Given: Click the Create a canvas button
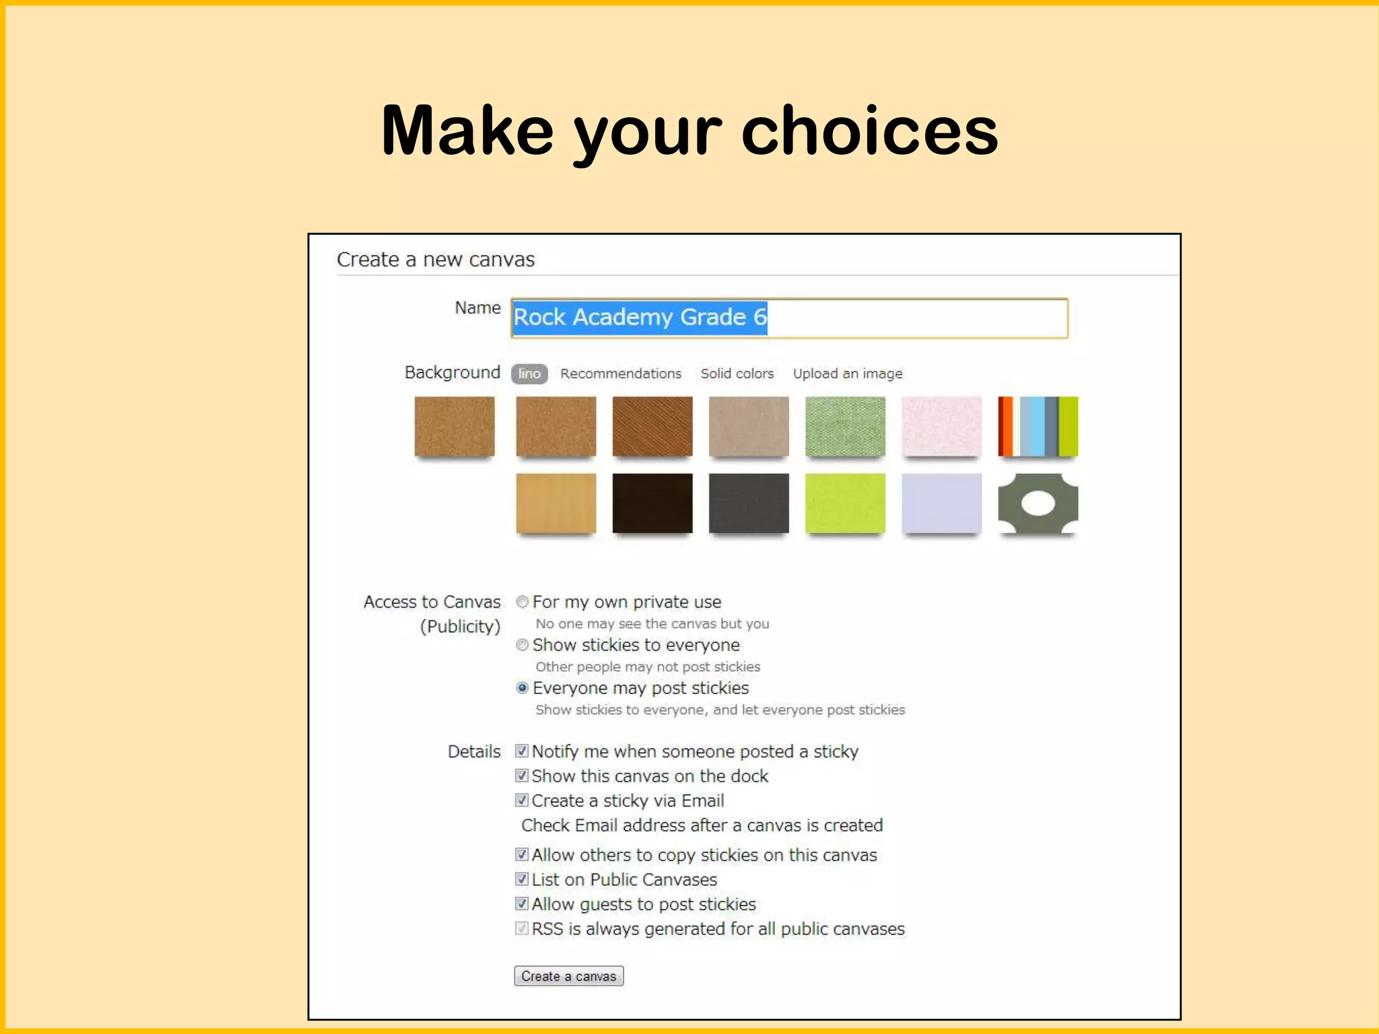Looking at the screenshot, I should [568, 975].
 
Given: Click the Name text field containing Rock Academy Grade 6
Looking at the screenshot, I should [788, 318].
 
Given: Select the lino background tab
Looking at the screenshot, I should [529, 374].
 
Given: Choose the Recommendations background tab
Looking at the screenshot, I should [620, 374].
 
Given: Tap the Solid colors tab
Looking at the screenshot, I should [737, 374].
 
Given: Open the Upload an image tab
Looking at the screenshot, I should [847, 374].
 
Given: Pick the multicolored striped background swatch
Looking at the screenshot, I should [1038, 426].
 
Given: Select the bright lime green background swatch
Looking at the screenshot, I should [845, 503].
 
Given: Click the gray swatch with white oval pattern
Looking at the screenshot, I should [1038, 503].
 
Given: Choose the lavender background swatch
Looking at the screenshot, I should [941, 503].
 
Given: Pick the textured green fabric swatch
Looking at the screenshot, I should [845, 426].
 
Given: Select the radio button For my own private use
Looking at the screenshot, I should [522, 602].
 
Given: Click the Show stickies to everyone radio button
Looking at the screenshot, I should [522, 645].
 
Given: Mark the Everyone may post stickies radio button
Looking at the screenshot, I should [522, 688].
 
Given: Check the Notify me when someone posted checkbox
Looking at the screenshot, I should [522, 751].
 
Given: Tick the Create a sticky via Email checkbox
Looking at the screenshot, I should [522, 800].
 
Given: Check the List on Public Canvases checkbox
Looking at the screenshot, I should [522, 878].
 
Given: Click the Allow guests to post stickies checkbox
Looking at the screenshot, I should [522, 903].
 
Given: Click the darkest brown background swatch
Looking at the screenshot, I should [652, 503].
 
